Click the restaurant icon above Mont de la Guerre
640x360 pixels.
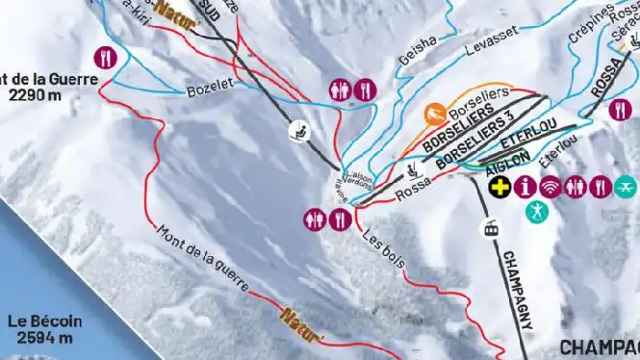point(107,57)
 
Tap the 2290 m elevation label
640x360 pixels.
point(39,95)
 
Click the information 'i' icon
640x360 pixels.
point(525,185)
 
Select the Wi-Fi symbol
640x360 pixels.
point(550,185)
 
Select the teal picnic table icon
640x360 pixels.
point(627,185)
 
